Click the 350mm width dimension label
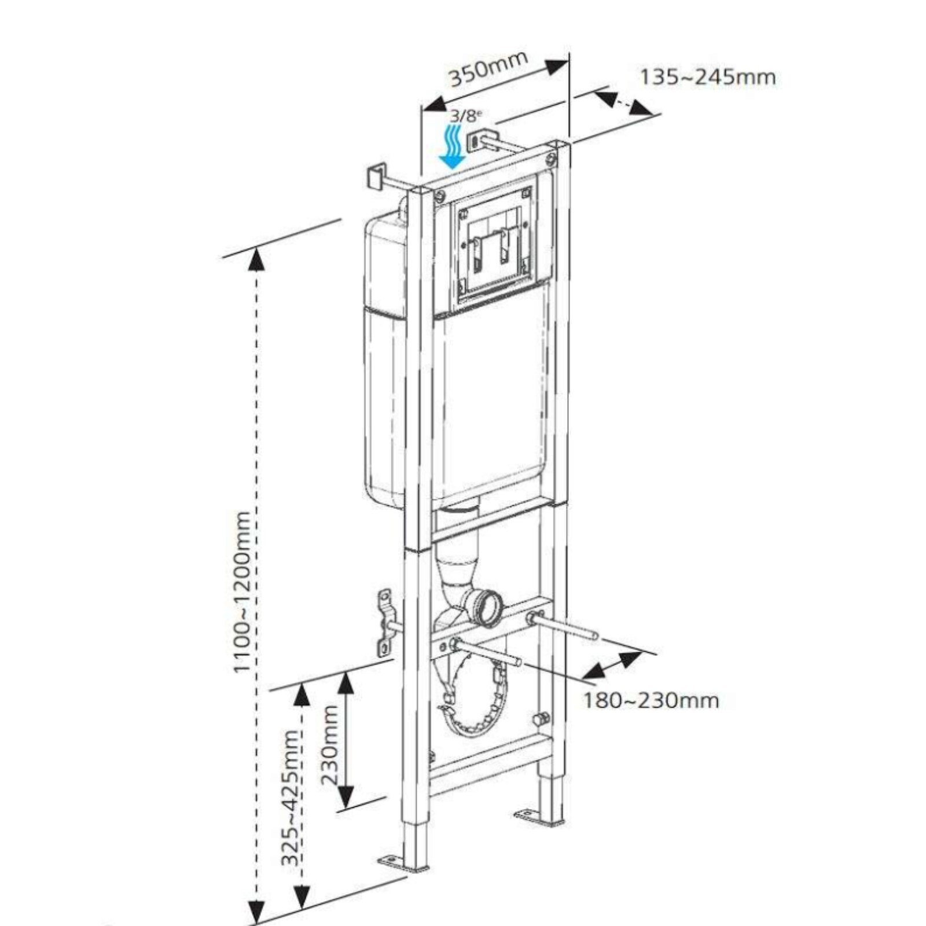tap(489, 69)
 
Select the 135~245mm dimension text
tap(707, 77)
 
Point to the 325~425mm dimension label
tap(291, 798)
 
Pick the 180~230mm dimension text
tap(651, 701)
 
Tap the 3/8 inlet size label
tap(465, 116)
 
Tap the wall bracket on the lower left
tap(384, 623)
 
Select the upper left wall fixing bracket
tap(376, 175)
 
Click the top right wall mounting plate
tap(476, 140)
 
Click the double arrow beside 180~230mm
tap(612, 665)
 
